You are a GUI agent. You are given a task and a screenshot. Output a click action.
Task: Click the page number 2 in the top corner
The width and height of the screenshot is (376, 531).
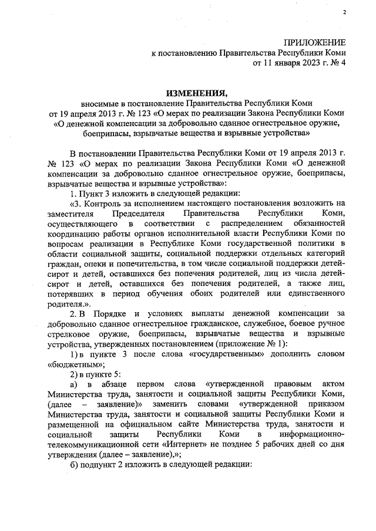[x=345, y=12]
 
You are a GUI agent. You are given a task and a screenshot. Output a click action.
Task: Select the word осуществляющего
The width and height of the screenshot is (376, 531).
[x=80, y=224]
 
